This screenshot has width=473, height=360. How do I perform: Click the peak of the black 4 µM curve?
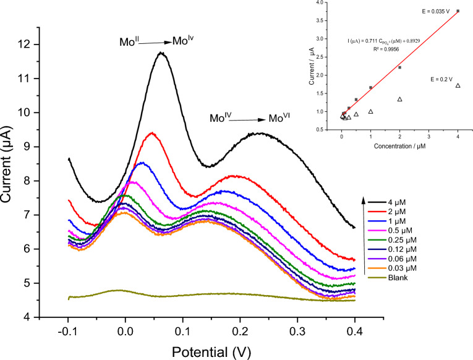point(162,53)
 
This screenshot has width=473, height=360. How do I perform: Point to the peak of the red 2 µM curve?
point(151,132)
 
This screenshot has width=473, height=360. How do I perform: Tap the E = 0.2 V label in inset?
point(441,79)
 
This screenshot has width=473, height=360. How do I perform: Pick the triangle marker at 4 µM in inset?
point(458,85)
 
